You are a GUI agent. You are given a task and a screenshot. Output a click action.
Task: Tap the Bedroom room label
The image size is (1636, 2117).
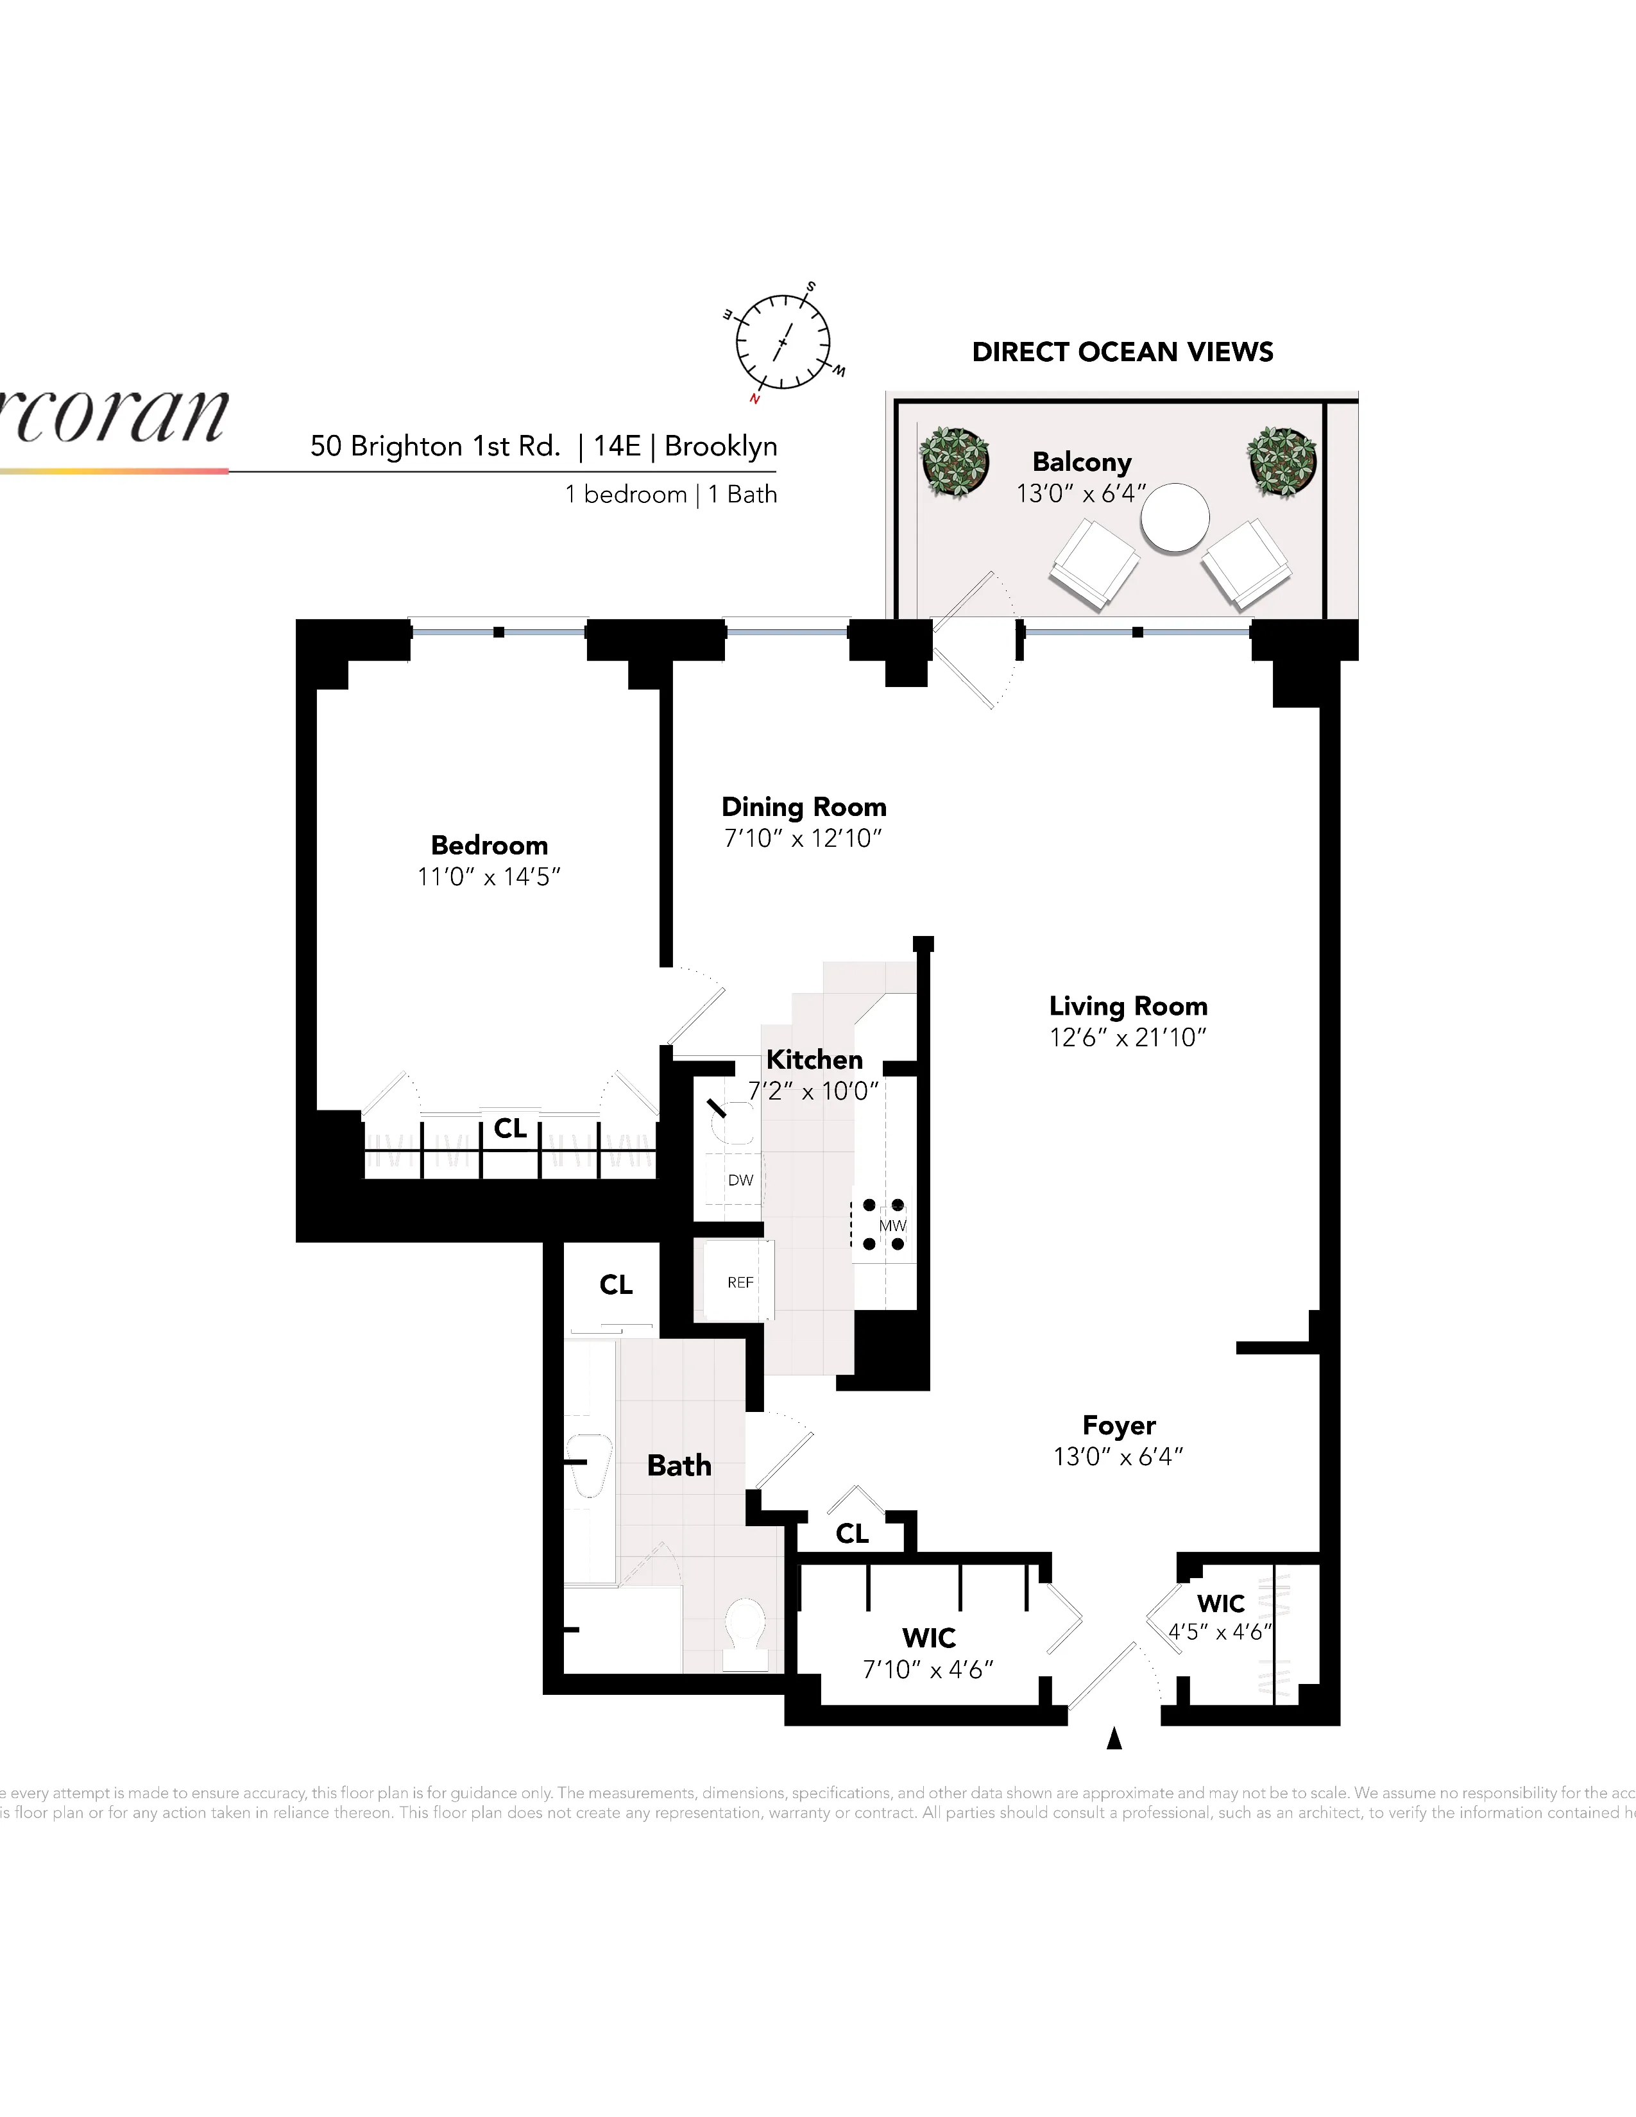tap(490, 846)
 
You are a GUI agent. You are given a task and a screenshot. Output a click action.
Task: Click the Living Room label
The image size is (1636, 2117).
tap(1128, 1006)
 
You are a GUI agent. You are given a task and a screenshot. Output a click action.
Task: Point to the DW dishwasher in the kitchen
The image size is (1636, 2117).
tap(740, 1180)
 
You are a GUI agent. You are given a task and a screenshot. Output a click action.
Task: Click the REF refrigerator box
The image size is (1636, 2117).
tap(740, 1282)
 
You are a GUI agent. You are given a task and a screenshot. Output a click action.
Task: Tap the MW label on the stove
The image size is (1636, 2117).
tap(892, 1226)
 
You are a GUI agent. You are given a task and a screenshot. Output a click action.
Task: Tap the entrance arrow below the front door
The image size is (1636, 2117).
tap(1114, 1738)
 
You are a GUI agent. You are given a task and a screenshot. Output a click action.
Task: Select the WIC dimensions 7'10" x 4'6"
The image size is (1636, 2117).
tap(928, 1669)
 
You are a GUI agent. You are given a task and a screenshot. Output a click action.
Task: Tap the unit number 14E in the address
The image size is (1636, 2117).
tap(617, 447)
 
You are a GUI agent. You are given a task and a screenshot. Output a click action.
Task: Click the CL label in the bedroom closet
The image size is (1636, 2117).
tap(511, 1128)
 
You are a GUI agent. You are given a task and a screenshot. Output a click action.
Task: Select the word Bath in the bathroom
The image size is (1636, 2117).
tap(679, 1466)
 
